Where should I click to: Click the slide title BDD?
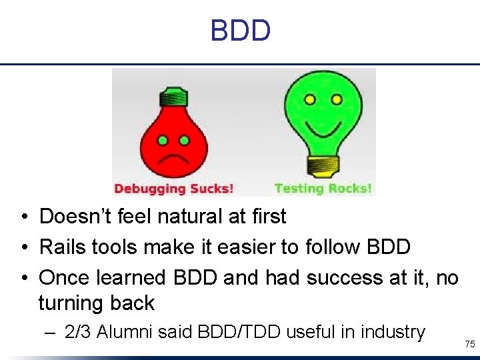tap(240, 31)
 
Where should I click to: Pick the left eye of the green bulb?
tap(309, 100)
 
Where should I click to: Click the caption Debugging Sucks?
tap(174, 189)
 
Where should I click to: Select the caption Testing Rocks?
tap(323, 189)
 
